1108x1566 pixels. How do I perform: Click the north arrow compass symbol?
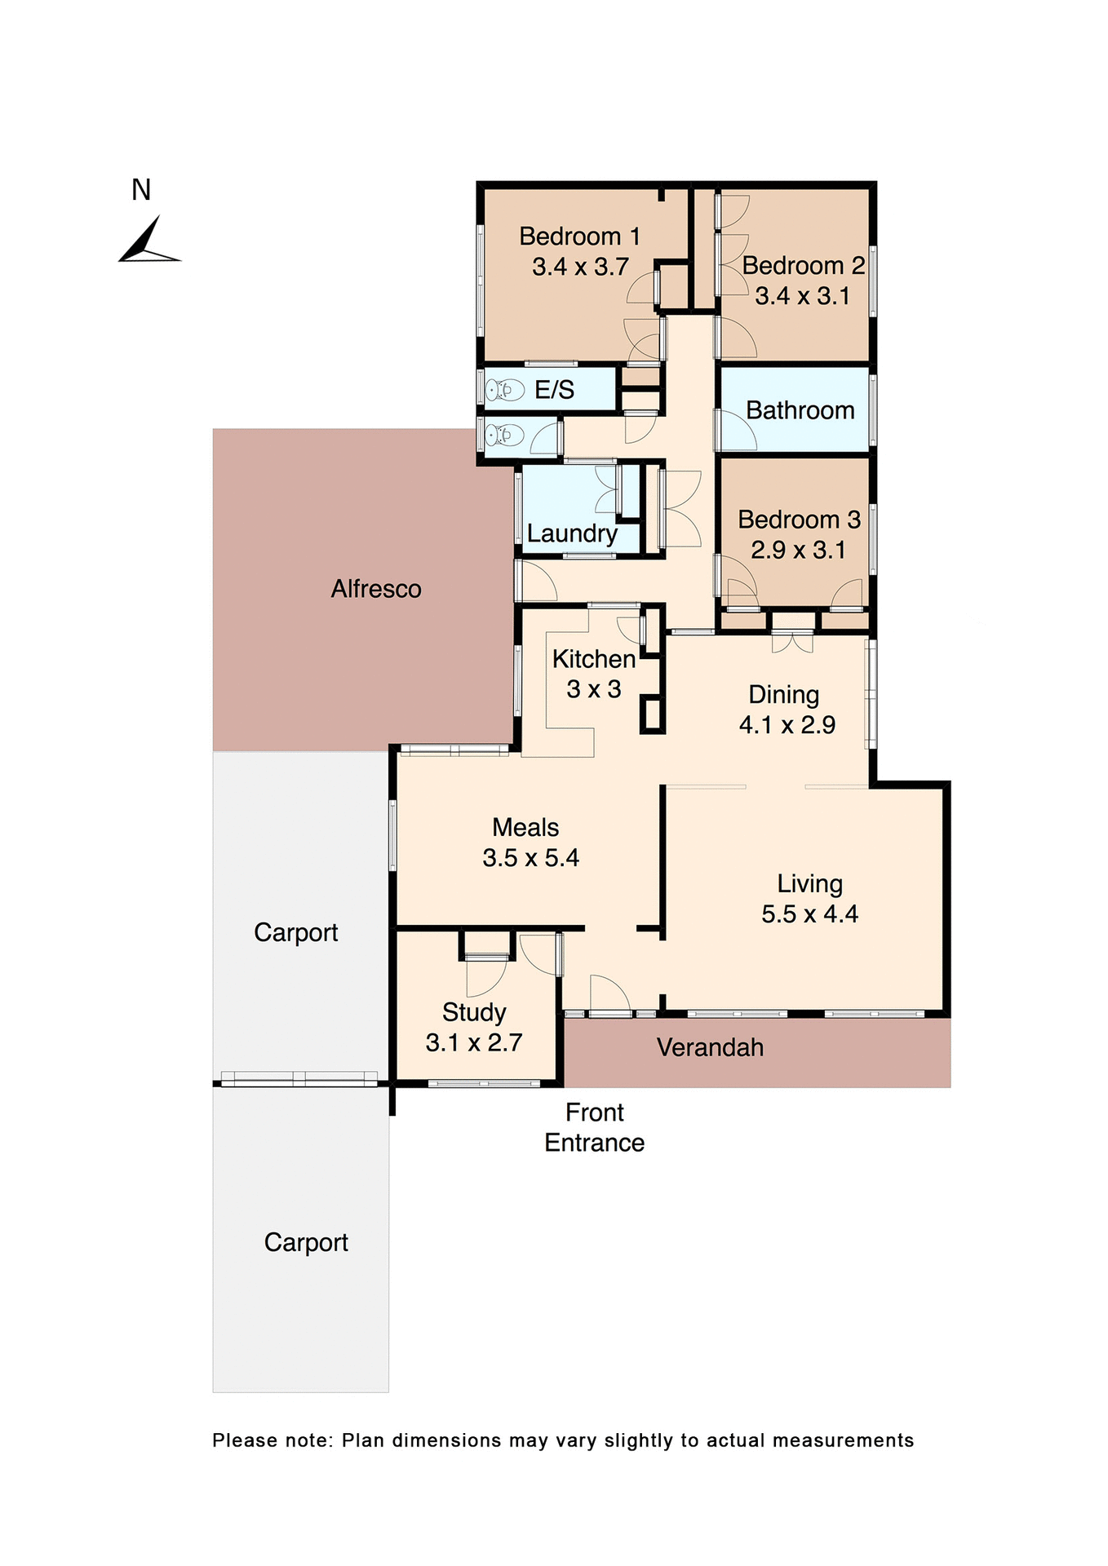[x=149, y=242]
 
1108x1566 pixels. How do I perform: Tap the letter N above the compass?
[x=141, y=190]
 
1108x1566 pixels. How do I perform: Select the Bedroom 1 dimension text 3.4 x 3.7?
[x=580, y=268]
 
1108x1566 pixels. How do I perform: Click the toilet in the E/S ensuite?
[x=503, y=391]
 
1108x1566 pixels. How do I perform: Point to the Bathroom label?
[x=800, y=410]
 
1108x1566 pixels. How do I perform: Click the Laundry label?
[x=572, y=533]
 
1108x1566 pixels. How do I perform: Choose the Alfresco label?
[x=376, y=589]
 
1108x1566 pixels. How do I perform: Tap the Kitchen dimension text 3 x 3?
[x=594, y=689]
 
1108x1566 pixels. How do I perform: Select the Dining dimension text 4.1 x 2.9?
[x=787, y=725]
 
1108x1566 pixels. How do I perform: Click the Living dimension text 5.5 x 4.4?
[x=809, y=914]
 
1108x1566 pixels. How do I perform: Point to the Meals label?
[x=525, y=828]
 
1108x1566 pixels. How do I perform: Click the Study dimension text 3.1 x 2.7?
[x=473, y=1043]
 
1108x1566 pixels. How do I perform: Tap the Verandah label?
[x=710, y=1048]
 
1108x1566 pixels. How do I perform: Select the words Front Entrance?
[x=594, y=1128]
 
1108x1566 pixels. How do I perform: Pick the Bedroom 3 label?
[x=799, y=520]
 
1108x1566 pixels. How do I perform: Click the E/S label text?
[x=554, y=390]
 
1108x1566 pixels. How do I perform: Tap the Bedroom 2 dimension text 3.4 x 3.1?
[x=802, y=296]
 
